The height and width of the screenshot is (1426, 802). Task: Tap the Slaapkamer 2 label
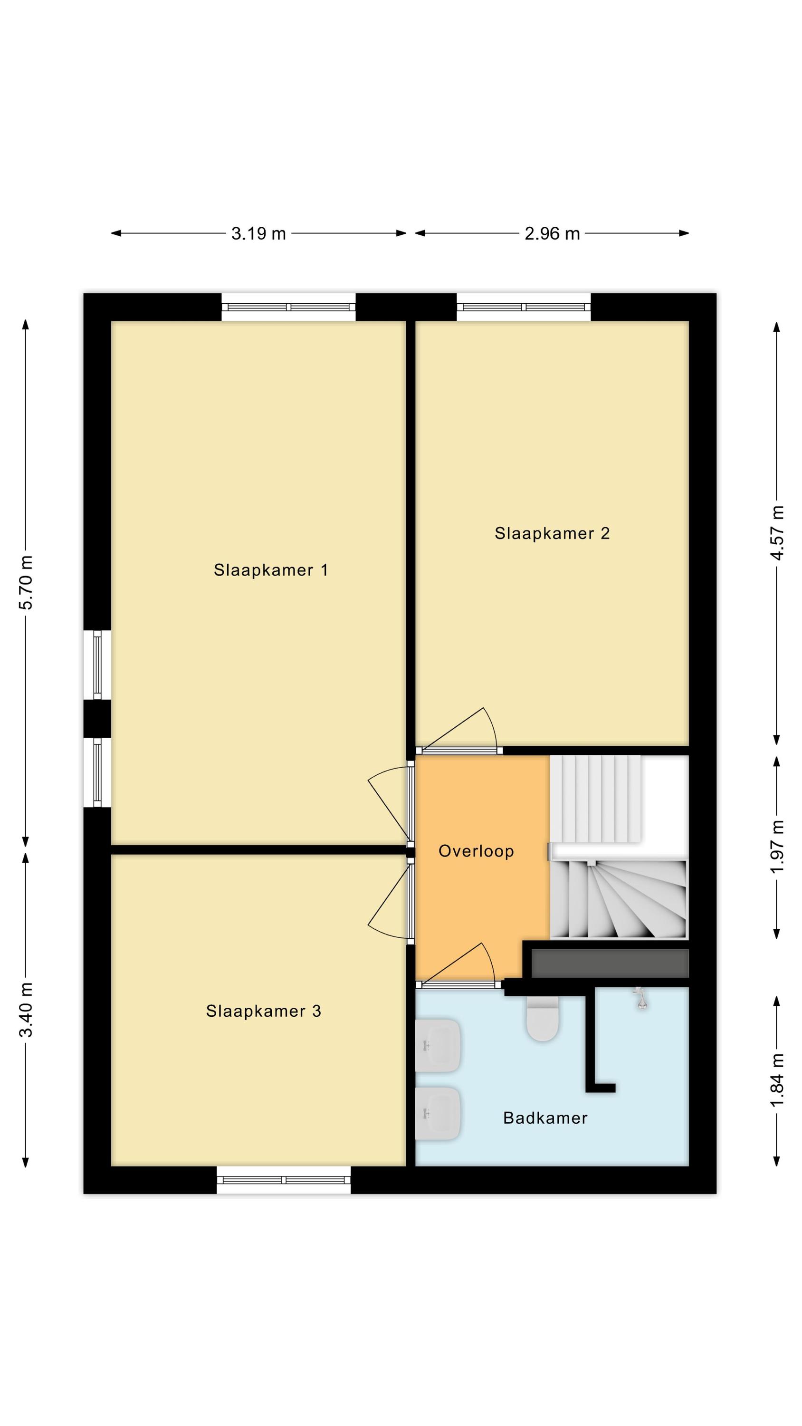552,533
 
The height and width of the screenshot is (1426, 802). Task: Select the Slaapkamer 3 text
264,1012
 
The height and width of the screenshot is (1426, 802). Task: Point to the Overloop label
476,851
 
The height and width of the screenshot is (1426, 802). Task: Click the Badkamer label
545,1118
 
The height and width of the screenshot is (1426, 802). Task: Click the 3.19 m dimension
258,233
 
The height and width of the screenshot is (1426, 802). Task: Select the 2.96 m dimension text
552,233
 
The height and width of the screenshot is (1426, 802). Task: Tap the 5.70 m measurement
26,582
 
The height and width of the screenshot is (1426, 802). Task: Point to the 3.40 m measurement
26,1010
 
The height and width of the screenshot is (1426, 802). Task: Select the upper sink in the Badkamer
438,1046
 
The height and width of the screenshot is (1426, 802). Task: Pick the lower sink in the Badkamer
438,1114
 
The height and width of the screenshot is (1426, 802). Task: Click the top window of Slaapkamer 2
523,307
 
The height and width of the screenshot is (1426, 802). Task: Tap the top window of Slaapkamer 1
288,307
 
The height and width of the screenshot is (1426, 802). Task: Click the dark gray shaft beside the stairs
610,964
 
